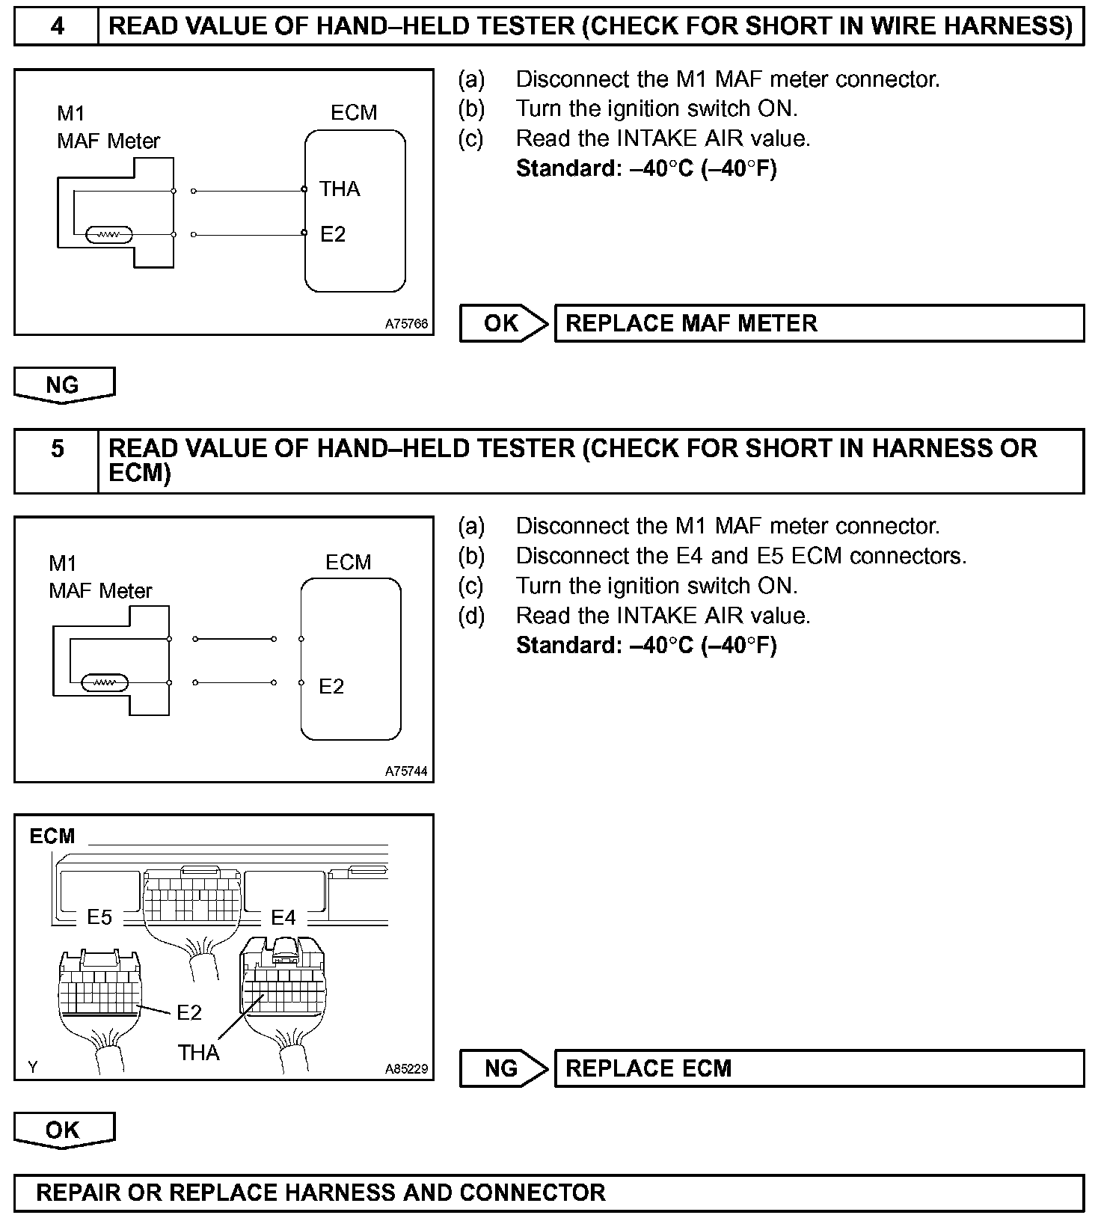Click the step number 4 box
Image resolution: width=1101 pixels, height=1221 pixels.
57,26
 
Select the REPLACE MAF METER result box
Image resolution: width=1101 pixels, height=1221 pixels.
818,323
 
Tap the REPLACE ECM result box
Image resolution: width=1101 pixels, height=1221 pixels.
818,1068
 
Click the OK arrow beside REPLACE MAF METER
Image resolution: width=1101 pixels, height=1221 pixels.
503,323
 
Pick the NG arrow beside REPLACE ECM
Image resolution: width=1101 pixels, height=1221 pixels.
503,1068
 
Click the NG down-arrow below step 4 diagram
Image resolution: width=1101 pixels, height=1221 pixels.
64,385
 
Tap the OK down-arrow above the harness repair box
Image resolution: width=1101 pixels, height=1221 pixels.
64,1130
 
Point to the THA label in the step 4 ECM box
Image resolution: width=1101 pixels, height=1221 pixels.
340,189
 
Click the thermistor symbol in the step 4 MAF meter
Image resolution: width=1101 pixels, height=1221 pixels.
109,235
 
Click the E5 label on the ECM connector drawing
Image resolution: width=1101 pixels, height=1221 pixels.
99,917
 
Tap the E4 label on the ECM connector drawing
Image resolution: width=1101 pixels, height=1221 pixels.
283,917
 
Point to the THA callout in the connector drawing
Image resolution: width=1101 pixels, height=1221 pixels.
198,1053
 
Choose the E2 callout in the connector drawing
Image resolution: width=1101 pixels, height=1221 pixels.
189,1012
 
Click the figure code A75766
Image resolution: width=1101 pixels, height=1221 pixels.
406,325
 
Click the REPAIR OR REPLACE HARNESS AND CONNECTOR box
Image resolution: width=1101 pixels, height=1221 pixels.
549,1193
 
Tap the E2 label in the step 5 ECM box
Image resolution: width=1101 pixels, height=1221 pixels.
331,686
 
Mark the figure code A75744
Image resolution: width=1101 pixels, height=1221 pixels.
406,771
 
